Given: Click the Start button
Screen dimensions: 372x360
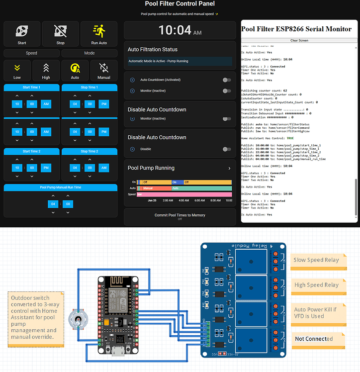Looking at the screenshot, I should pos(22,34).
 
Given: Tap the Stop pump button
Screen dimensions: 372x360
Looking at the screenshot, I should pos(60,34).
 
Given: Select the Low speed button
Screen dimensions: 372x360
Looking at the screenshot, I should pos(17,71).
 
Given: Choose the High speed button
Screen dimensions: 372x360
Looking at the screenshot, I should pos(46,71).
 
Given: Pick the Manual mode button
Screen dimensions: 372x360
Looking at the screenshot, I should pos(104,71).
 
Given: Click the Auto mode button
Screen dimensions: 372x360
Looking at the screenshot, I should pos(75,71).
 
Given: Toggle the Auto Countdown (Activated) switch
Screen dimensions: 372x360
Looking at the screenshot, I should pos(227,80).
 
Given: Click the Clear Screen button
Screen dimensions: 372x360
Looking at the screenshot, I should pos(299,40).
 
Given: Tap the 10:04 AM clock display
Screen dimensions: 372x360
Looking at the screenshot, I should pos(180,31).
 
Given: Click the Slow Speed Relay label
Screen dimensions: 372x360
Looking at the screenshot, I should pos(316,260).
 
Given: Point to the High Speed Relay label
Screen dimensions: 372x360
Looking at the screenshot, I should pos(316,285).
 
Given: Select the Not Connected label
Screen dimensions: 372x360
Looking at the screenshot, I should pos(314,339).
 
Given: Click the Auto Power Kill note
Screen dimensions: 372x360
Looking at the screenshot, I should pos(316,313).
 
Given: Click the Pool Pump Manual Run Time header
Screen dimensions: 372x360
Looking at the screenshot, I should pos(61,187).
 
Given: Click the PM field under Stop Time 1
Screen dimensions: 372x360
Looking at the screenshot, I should pos(104,104).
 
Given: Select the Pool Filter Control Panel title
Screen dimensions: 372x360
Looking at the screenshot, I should pos(180,4).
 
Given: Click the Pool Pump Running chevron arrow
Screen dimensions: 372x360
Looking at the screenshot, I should pos(229,169).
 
